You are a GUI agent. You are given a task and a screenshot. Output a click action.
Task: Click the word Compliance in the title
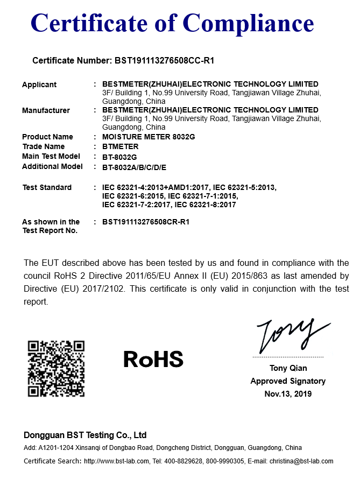tap(249, 23)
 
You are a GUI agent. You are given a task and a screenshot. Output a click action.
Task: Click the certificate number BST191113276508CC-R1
tap(165, 61)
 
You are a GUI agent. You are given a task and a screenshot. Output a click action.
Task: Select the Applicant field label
tap(39, 84)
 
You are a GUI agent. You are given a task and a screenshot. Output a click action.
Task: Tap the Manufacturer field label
tap(46, 110)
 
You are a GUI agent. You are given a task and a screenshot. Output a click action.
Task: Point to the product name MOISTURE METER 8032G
tap(149, 137)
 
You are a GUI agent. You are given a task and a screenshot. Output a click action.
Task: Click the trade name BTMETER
tap(121, 146)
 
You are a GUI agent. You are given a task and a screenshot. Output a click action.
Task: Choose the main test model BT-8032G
tap(119, 157)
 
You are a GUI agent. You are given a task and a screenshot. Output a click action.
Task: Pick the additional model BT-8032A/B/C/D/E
tap(135, 167)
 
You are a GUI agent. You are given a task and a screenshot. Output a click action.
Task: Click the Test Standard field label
tap(47, 187)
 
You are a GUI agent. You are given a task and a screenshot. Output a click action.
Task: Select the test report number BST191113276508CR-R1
tap(146, 222)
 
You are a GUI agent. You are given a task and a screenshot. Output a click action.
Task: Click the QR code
tap(57, 369)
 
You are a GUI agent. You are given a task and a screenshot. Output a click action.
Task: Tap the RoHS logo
tap(153, 359)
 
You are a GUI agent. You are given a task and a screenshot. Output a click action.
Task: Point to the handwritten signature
tap(291, 334)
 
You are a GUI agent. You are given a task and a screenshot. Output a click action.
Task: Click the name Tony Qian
tap(288, 368)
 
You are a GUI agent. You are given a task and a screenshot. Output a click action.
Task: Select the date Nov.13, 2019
tap(288, 394)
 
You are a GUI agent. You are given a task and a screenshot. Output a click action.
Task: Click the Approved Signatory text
tap(288, 381)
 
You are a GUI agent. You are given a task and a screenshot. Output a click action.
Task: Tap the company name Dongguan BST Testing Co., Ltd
tap(85, 435)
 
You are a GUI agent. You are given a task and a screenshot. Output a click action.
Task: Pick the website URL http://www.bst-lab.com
tap(116, 461)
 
